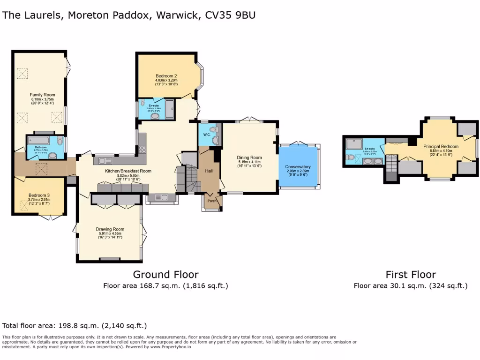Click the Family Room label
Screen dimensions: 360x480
coord(43,95)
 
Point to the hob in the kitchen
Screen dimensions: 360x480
coord(142,150)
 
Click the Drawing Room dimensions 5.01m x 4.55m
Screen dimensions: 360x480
coord(110,233)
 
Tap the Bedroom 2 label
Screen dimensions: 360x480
coord(166,76)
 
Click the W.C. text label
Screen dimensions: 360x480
coord(207,135)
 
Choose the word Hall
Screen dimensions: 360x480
coord(209,171)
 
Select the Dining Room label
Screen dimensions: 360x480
coord(250,157)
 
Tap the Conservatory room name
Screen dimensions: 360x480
coord(298,167)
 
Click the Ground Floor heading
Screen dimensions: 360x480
coord(165,275)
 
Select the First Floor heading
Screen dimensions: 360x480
coord(411,275)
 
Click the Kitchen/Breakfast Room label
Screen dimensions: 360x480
coord(127,171)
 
